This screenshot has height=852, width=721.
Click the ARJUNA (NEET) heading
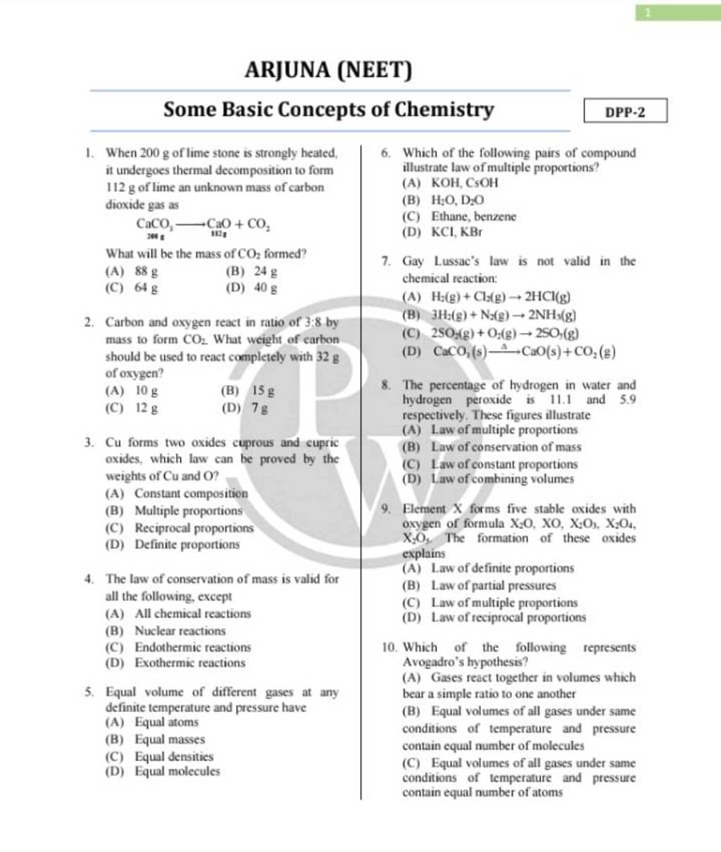click(327, 70)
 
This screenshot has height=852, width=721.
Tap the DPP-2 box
click(625, 111)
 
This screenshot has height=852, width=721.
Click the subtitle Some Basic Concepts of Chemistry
click(329, 110)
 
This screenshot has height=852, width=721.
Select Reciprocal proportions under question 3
click(184, 527)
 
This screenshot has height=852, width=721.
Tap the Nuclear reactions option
click(171, 631)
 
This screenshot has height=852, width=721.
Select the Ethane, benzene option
click(465, 216)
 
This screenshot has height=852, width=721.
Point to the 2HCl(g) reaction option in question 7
click(486, 298)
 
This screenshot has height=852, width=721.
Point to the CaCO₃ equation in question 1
click(199, 225)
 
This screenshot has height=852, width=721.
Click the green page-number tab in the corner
click(677, 11)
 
